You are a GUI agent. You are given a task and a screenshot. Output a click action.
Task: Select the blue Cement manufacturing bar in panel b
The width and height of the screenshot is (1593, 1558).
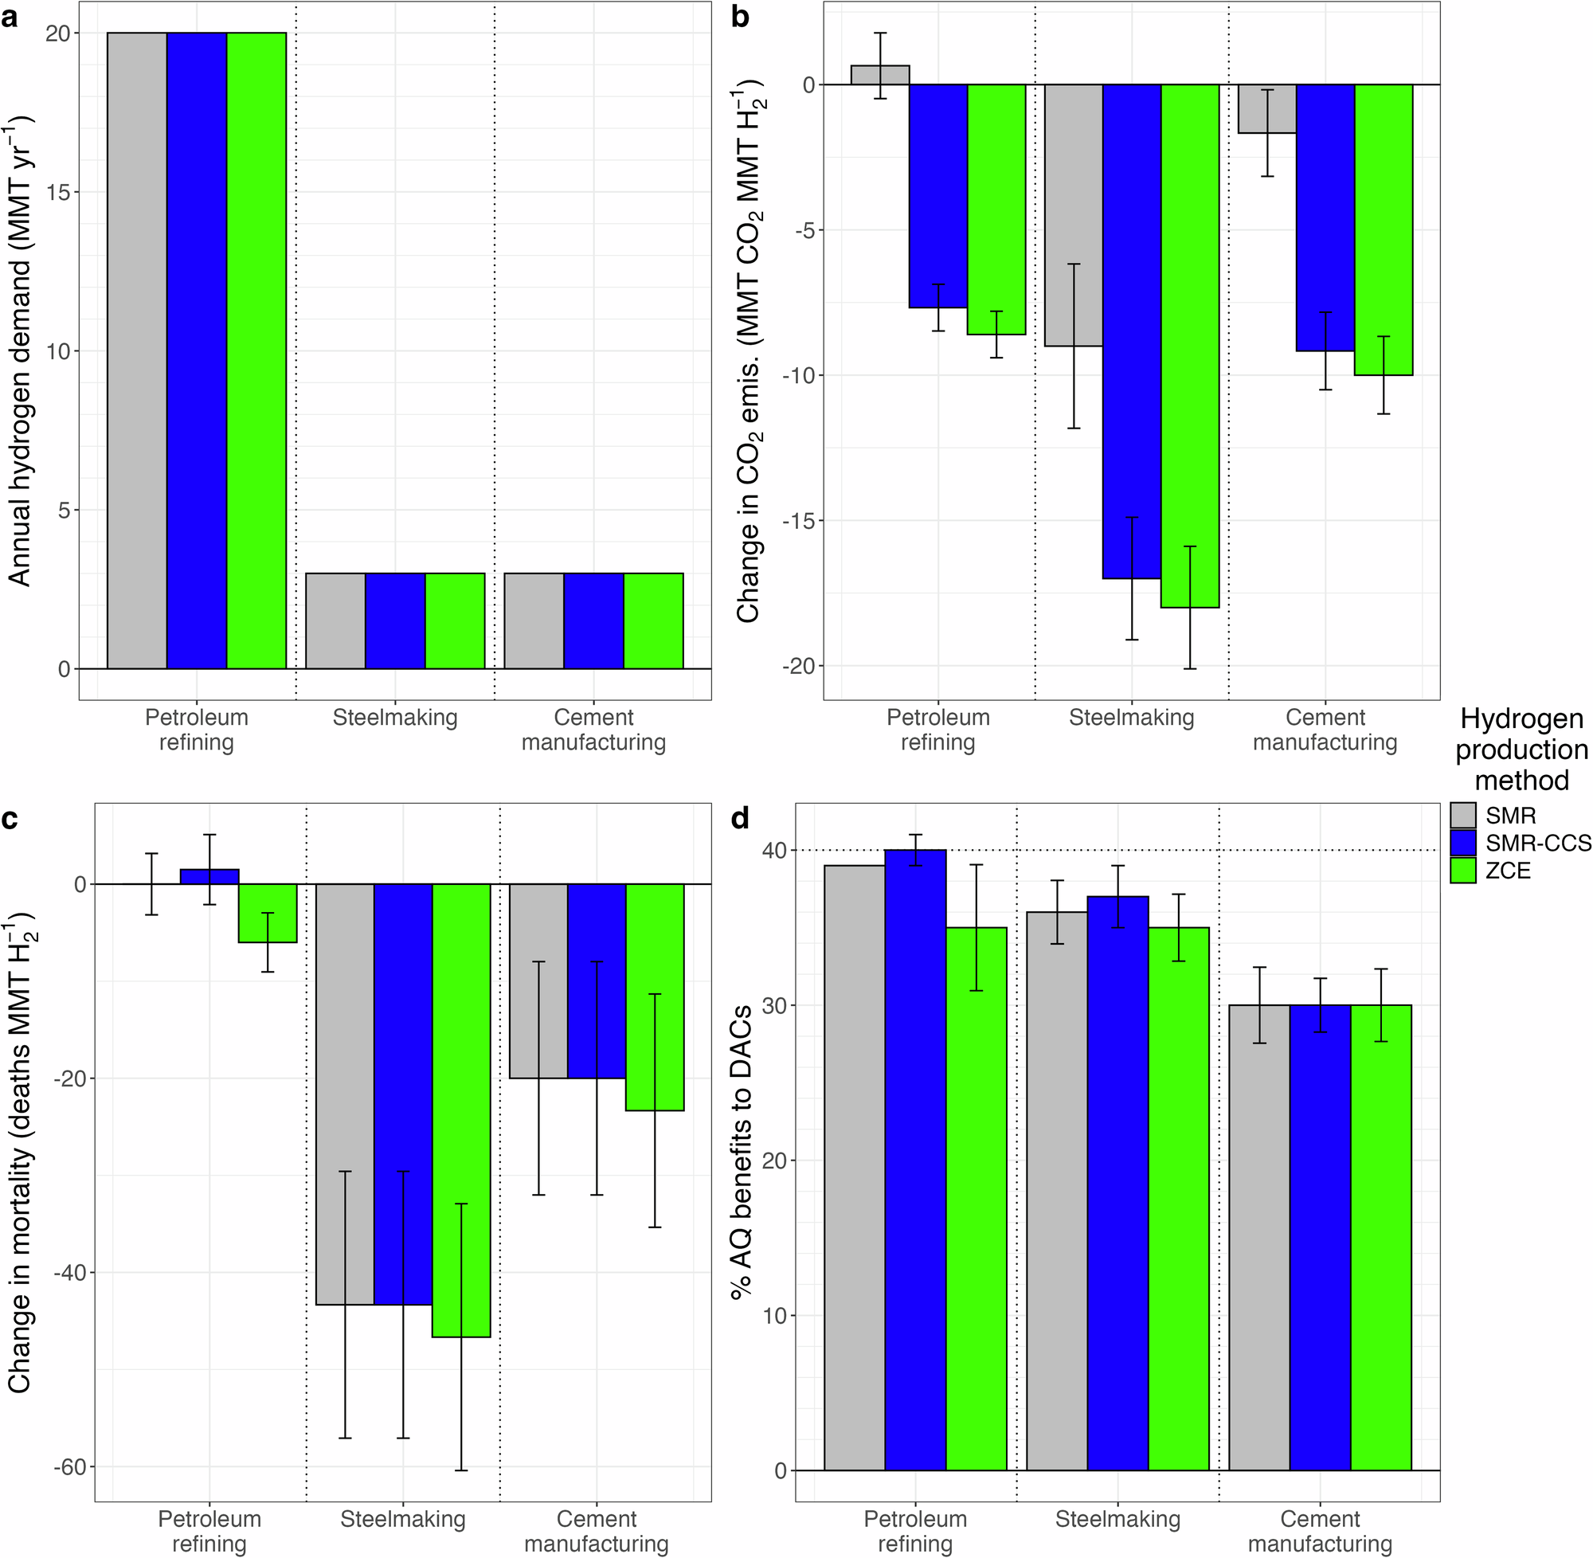(1325, 217)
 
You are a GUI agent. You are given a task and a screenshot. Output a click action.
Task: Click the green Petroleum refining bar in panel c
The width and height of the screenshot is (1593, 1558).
(268, 913)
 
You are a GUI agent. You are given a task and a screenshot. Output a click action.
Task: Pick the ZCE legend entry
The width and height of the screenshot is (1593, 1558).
(1507, 871)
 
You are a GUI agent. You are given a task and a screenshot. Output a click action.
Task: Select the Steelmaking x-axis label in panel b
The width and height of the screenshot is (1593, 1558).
(1132, 718)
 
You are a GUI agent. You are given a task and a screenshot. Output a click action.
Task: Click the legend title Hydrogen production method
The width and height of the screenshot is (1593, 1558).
(1521, 749)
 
